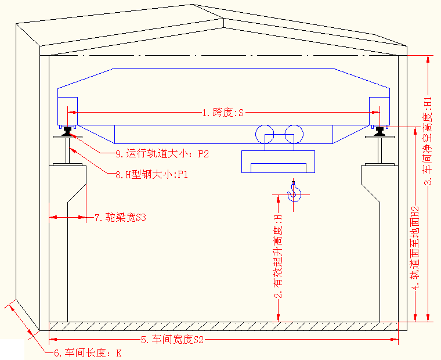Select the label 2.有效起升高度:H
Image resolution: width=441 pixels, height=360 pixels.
[x=279, y=256]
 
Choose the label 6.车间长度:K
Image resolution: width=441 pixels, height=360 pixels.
[x=87, y=352]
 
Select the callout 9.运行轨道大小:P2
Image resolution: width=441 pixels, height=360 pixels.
[x=162, y=154]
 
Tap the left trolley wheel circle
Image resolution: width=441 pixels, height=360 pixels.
[x=266, y=134]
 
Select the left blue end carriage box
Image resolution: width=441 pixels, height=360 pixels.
[x=67, y=111]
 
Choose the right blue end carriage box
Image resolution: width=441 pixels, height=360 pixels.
[x=380, y=111]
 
